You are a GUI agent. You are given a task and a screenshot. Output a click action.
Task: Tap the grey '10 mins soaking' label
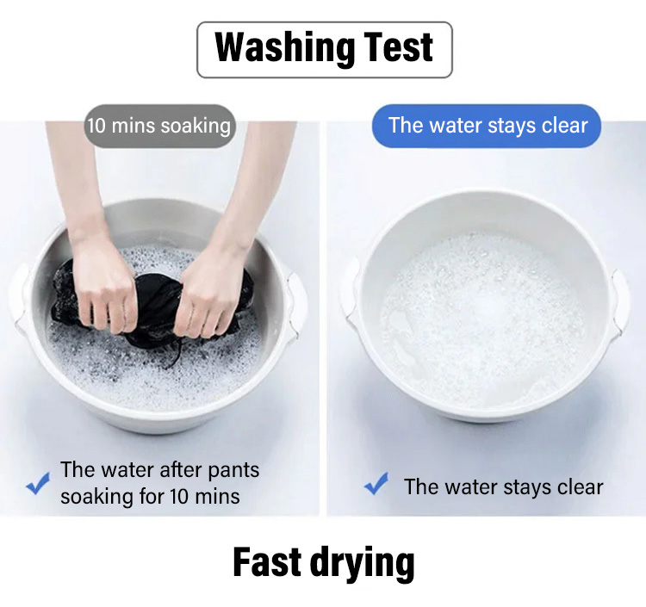pyautogui.click(x=159, y=126)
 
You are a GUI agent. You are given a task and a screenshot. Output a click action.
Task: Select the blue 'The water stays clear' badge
pyautogui.click(x=487, y=125)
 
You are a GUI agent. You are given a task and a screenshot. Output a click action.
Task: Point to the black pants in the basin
pyautogui.click(x=153, y=304)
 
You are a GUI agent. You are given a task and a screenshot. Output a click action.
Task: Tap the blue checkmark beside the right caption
pyautogui.click(x=376, y=483)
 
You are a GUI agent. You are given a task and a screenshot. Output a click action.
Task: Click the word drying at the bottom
pyautogui.click(x=363, y=564)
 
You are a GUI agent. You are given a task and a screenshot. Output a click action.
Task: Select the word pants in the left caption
pyautogui.click(x=233, y=470)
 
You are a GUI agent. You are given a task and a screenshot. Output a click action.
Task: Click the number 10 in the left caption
pyautogui.click(x=179, y=496)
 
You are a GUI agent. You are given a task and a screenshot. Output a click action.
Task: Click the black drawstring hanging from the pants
pyautogui.click(x=175, y=354)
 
